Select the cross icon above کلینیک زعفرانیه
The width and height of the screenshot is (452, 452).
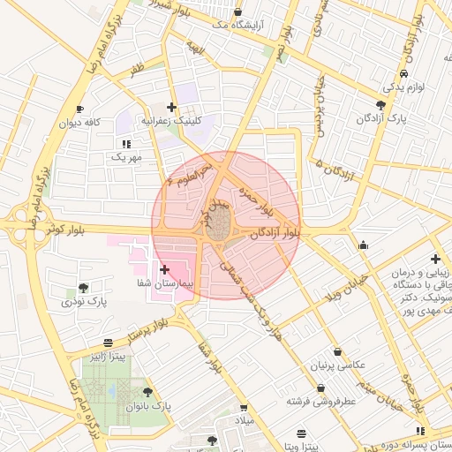pos(171,107)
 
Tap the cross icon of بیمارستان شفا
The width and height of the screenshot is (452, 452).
pos(165,267)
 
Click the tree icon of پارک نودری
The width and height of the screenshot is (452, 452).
pos(83,288)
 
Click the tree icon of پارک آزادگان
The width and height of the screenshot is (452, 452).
pos(380,104)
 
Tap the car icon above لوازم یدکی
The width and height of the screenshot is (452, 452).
pos(403,74)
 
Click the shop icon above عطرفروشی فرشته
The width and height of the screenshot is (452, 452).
pos(320,388)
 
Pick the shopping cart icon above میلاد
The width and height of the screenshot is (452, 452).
pos(243,408)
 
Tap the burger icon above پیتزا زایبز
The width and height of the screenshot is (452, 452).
pos(108,342)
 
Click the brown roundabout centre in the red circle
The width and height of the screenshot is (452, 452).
pos(219,224)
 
